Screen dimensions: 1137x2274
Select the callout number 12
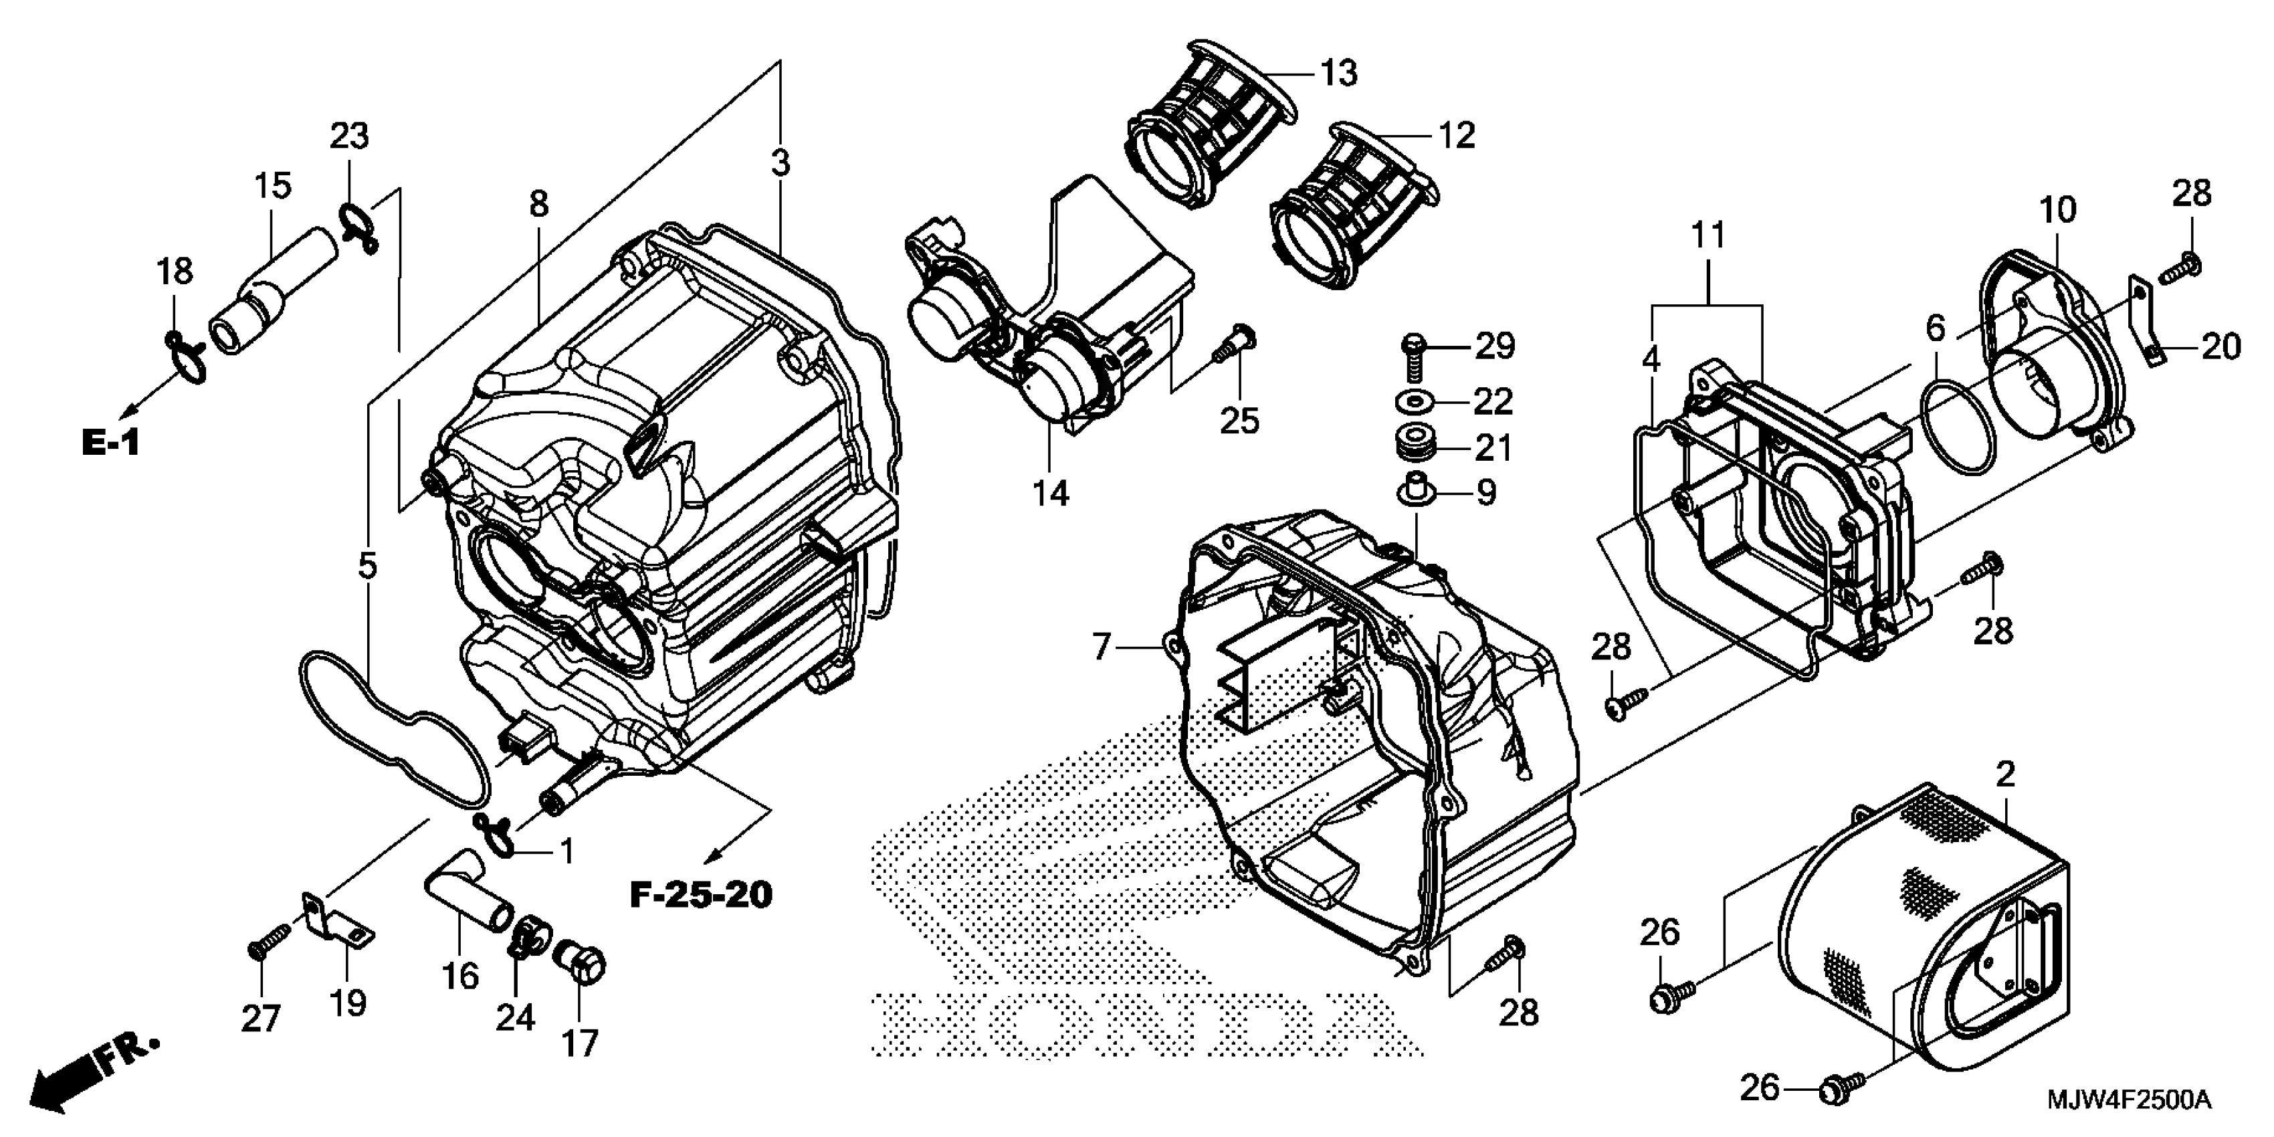point(1457,135)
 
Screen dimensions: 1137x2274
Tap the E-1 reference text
point(110,442)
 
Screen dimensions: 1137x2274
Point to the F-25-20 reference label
point(701,895)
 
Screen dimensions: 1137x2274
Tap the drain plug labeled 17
point(582,964)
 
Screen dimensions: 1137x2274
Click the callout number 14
point(1051,492)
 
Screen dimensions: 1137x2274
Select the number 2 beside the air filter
point(2006,774)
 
